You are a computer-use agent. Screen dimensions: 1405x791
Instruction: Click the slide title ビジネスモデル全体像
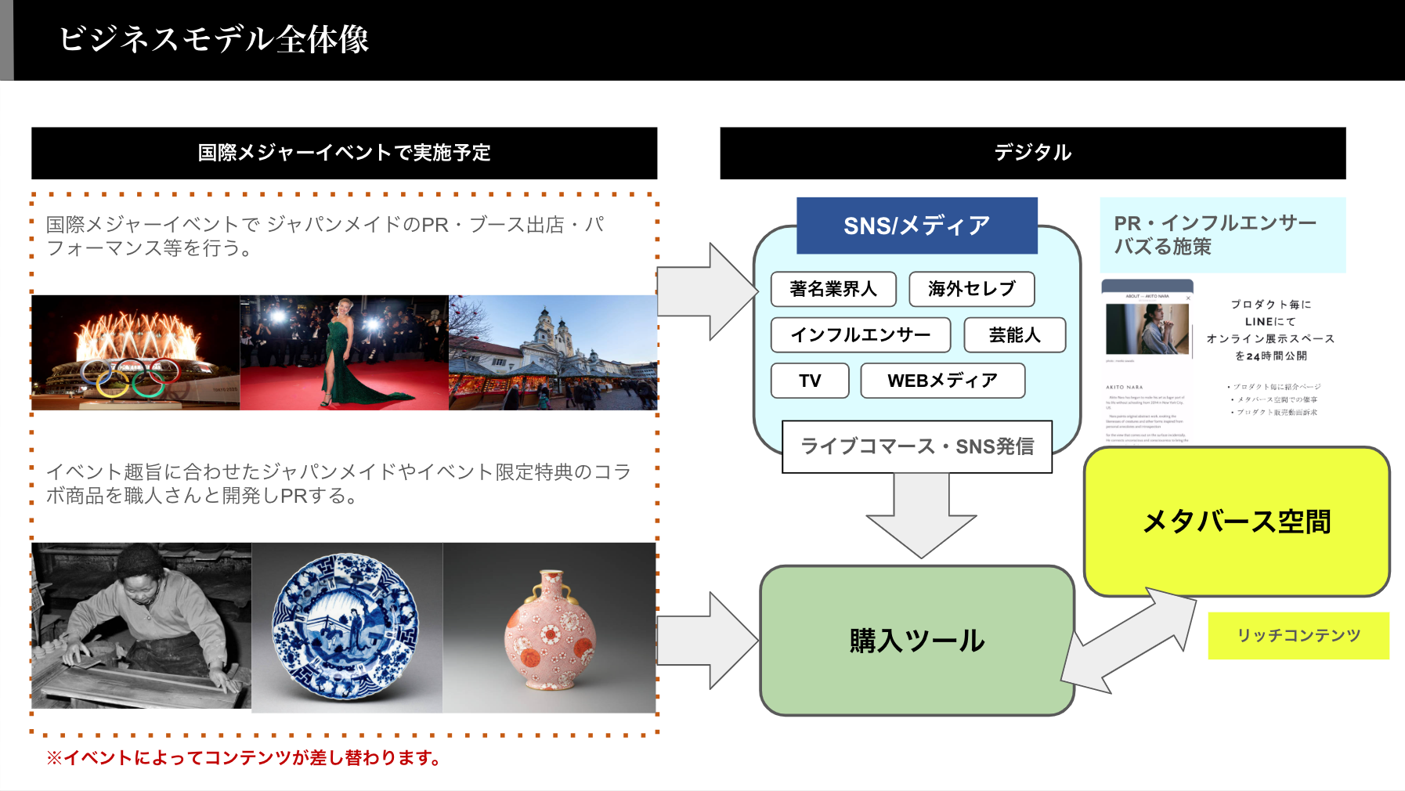pyautogui.click(x=214, y=39)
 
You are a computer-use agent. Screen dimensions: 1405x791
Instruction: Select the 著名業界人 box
pyautogui.click(x=833, y=289)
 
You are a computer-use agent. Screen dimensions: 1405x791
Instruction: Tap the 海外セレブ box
pyautogui.click(x=971, y=289)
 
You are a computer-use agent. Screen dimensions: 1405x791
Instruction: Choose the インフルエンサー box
pyautogui.click(x=860, y=335)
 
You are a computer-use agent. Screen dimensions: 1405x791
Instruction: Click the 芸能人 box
pyautogui.click(x=1014, y=335)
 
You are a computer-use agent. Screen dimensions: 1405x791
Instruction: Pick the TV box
pyautogui.click(x=810, y=381)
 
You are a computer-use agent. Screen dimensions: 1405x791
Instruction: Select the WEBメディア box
pyautogui.click(x=942, y=381)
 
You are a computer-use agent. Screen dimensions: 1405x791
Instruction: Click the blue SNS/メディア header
pyautogui.click(x=916, y=226)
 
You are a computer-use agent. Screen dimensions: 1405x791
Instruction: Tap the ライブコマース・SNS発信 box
pyautogui.click(x=916, y=446)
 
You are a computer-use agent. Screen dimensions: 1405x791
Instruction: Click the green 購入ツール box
pyautogui.click(x=916, y=641)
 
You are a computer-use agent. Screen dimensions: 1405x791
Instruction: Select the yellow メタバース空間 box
pyautogui.click(x=1236, y=522)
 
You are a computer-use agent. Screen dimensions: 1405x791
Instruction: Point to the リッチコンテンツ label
pyautogui.click(x=1298, y=635)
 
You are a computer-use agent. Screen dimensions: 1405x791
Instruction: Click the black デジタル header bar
pyautogui.click(x=1032, y=153)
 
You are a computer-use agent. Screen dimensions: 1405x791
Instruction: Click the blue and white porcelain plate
pyautogui.click(x=345, y=627)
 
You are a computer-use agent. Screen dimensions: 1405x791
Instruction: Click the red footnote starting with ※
pyautogui.click(x=244, y=758)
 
